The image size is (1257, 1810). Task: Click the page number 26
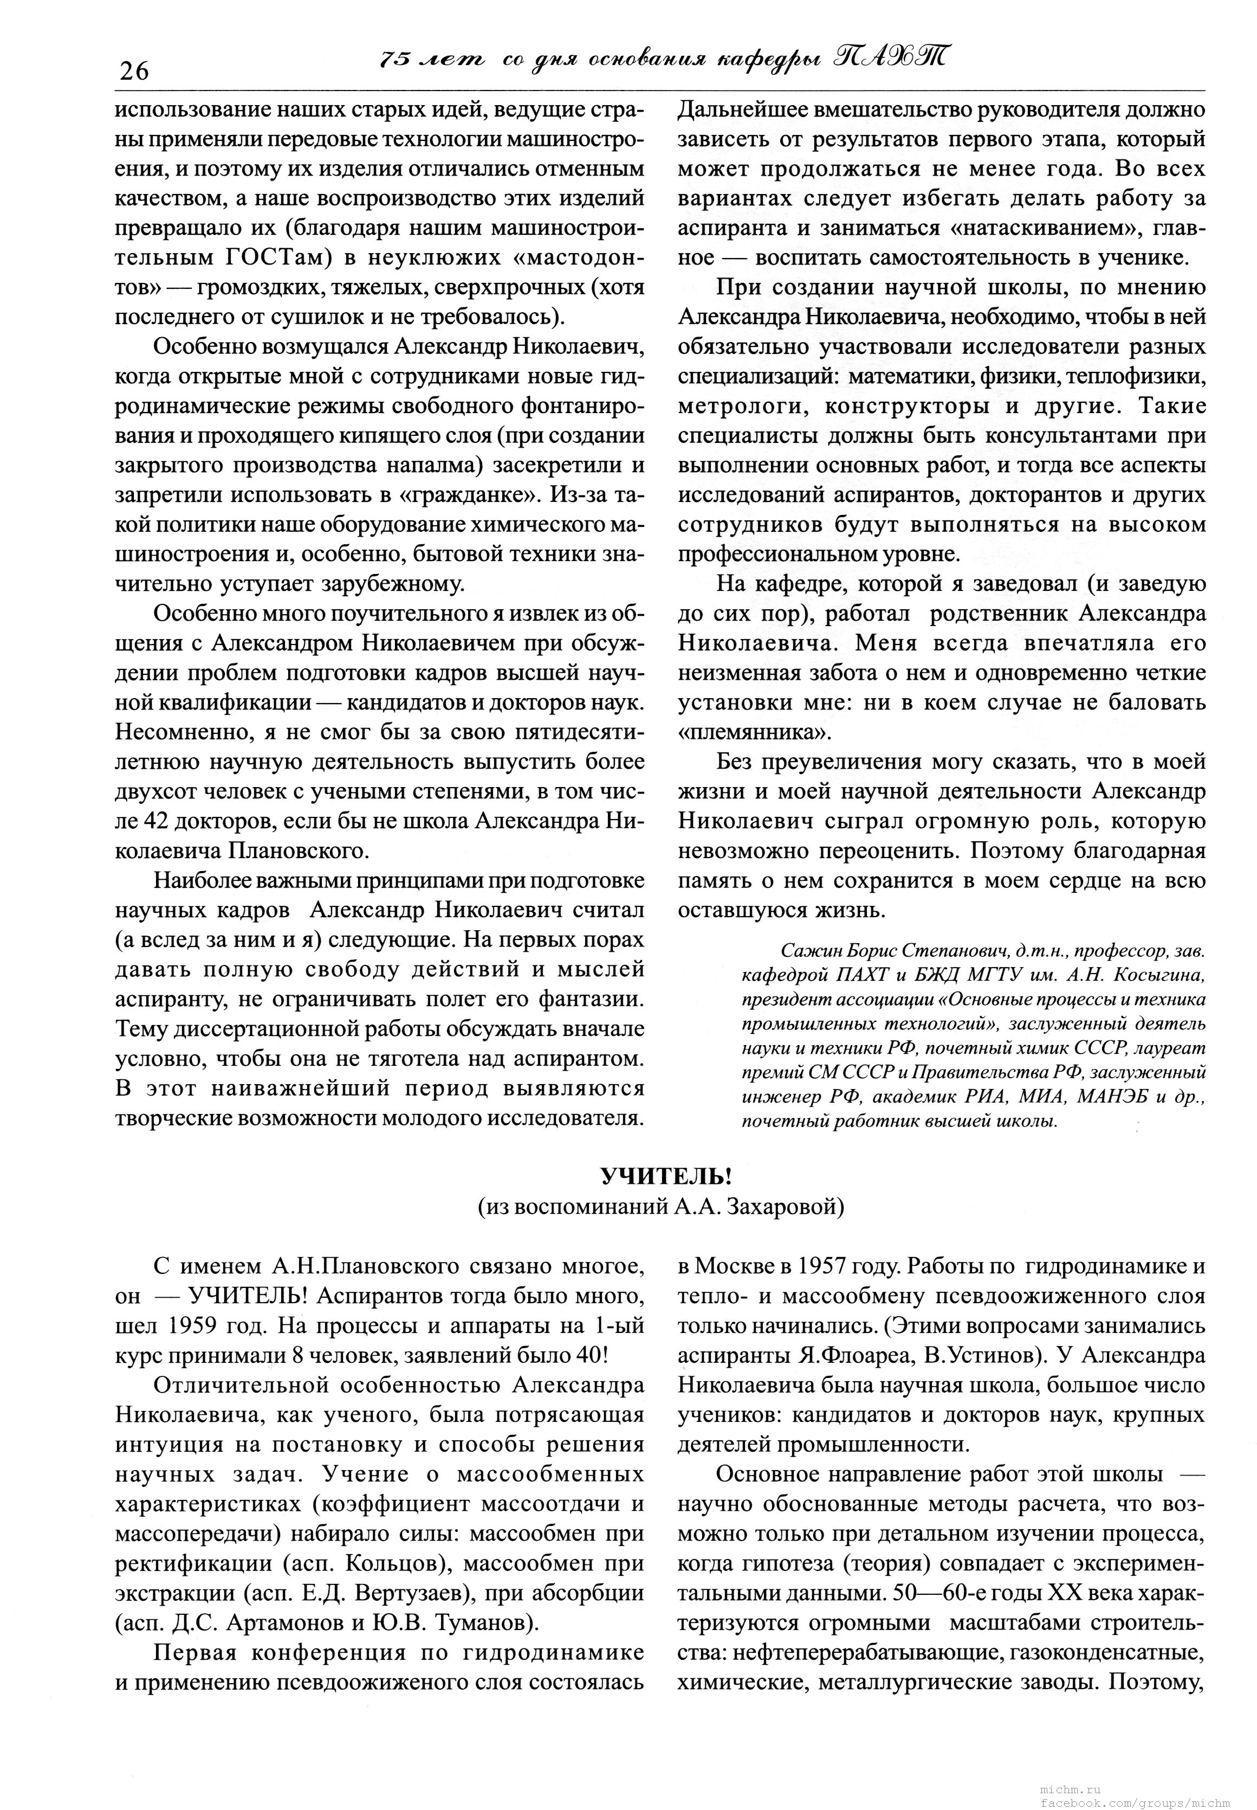(x=134, y=72)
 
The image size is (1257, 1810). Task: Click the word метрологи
(x=733, y=407)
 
